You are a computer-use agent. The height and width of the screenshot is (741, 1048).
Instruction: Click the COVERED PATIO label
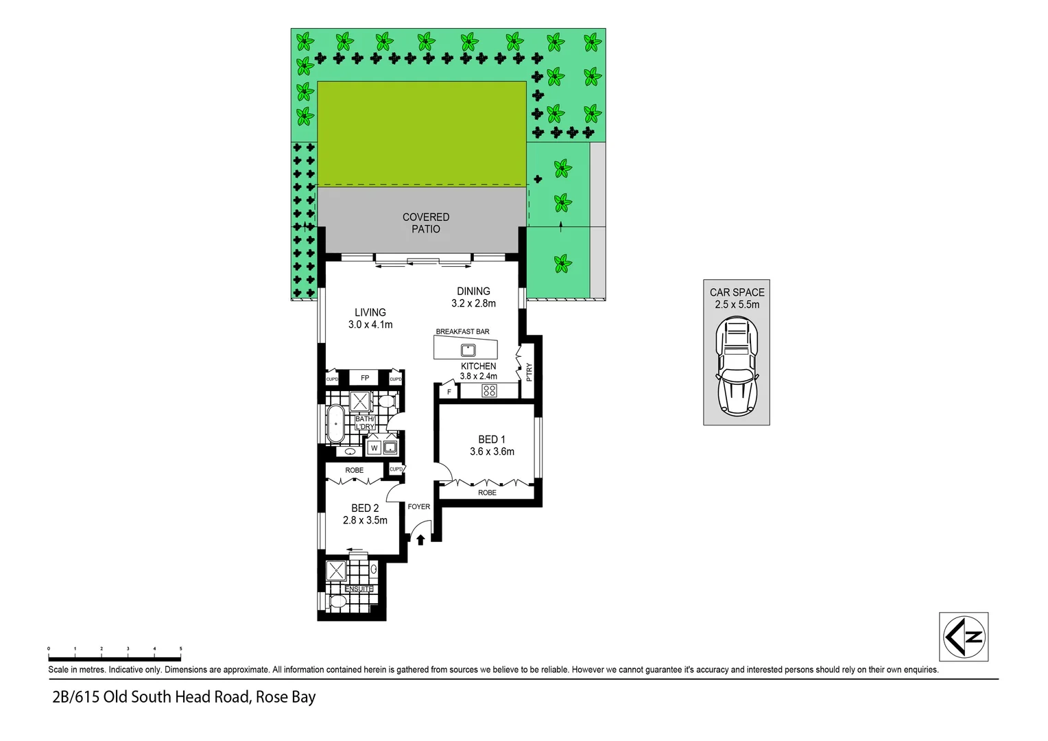click(x=425, y=223)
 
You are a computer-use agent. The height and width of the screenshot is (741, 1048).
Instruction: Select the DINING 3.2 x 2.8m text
click(x=473, y=297)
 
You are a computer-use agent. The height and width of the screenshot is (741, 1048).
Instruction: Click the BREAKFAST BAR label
click(x=462, y=331)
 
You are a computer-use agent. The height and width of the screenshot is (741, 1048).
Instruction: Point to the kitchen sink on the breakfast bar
click(x=468, y=350)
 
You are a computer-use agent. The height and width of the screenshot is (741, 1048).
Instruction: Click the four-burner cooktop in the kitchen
click(x=489, y=391)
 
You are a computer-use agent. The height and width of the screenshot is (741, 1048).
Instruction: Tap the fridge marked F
click(x=449, y=392)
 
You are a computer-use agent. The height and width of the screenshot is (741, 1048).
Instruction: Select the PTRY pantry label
click(x=529, y=373)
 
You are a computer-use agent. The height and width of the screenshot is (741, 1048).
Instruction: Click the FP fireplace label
click(x=365, y=378)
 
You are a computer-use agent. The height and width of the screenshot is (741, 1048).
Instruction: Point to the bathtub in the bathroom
click(x=335, y=423)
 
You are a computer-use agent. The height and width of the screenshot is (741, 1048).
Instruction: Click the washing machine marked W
click(x=374, y=448)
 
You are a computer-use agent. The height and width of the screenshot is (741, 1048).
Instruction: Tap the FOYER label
click(x=419, y=507)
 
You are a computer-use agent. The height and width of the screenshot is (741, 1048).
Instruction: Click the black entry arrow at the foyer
click(x=420, y=540)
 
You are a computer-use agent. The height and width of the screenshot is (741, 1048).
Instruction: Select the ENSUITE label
click(x=359, y=589)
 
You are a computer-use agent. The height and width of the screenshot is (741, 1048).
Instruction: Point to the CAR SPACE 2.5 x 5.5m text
click(x=737, y=298)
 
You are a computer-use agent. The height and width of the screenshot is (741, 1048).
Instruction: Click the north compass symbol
click(x=963, y=637)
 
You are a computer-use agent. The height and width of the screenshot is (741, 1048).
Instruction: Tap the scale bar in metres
click(x=115, y=649)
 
